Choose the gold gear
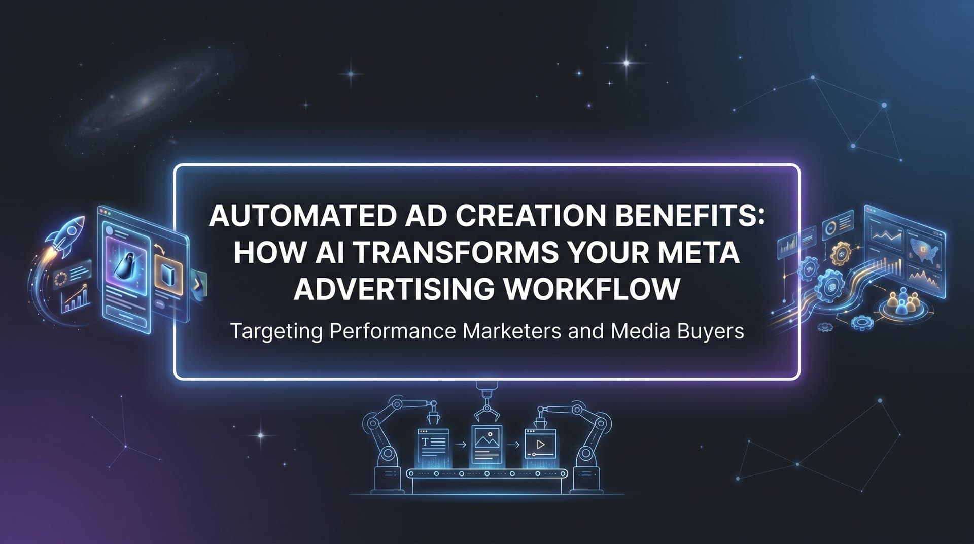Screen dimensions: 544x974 tap(840, 252)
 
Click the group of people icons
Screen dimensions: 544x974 tap(905, 300)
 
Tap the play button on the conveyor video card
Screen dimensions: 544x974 tap(541, 445)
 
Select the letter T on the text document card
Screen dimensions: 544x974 tap(425, 442)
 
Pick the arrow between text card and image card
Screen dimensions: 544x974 tap(461, 445)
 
